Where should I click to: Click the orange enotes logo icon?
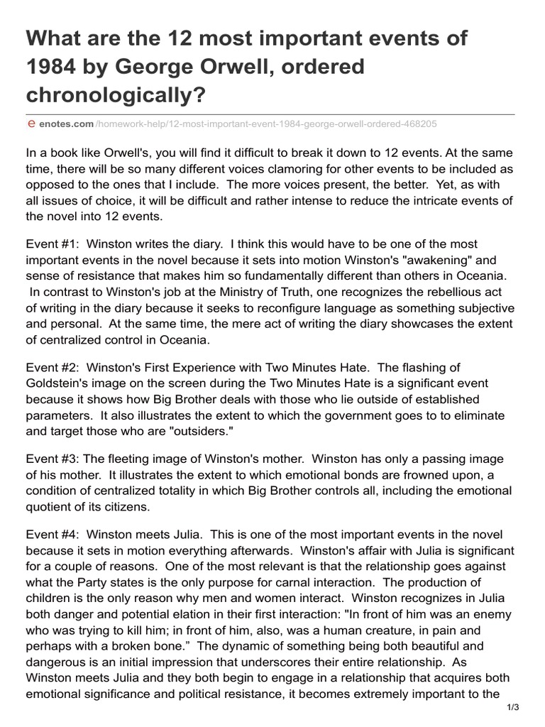31,124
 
